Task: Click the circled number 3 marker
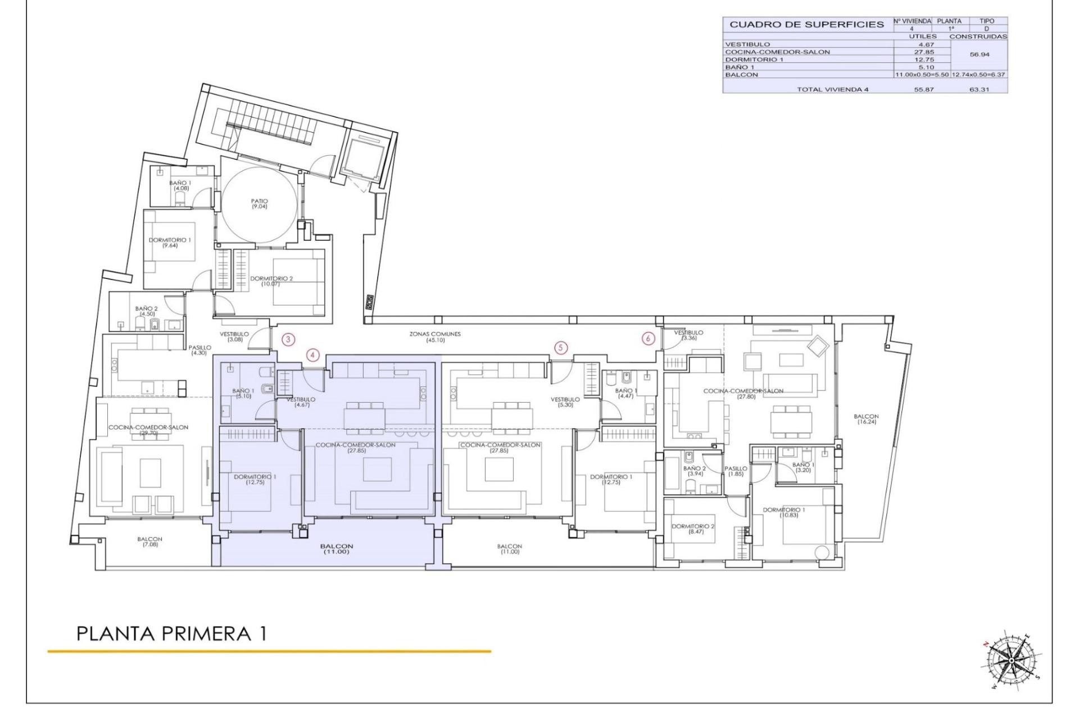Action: click(x=288, y=339)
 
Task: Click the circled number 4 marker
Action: click(x=313, y=355)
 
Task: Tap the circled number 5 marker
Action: click(x=560, y=348)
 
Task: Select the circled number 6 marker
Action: click(x=649, y=339)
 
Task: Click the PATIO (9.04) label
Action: click(x=260, y=204)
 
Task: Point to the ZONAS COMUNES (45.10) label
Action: click(x=435, y=336)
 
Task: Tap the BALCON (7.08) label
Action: click(x=150, y=542)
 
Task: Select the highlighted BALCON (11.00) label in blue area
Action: click(x=337, y=548)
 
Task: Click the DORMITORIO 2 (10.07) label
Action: click(x=271, y=281)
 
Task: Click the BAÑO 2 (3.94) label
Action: click(x=695, y=471)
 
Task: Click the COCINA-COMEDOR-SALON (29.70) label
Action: click(x=148, y=430)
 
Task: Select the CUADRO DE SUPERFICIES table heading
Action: click(x=806, y=25)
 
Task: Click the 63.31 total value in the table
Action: click(x=979, y=89)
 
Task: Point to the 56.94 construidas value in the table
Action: click(x=980, y=55)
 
